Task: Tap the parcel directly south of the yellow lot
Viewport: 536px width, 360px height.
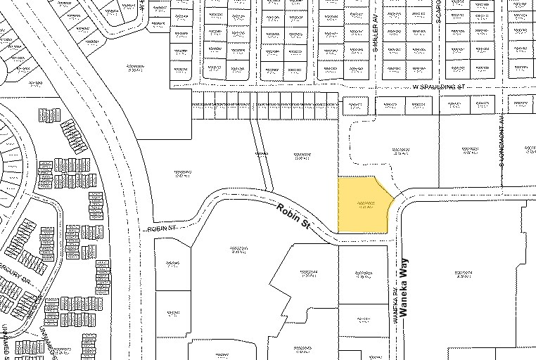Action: tap(362, 274)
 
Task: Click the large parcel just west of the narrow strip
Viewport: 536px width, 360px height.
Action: tap(184, 172)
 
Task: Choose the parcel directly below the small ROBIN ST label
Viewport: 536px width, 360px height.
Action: tap(171, 264)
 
